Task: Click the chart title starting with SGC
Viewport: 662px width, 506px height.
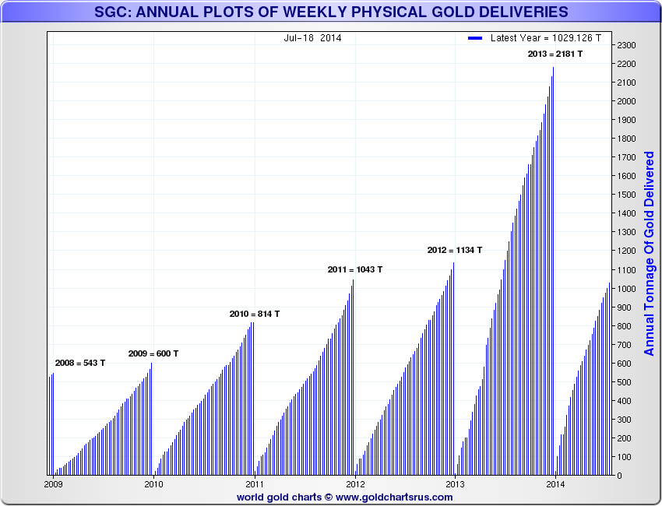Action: (331, 12)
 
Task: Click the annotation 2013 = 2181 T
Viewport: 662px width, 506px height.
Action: (555, 54)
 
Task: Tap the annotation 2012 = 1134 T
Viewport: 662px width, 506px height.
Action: (454, 250)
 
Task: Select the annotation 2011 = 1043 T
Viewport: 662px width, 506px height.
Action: (354, 269)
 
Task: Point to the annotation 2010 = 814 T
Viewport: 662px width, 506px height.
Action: (254, 314)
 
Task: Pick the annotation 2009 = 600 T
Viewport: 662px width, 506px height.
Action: (153, 353)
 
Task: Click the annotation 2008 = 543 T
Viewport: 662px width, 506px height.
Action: (79, 363)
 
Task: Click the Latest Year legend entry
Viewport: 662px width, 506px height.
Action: (545, 37)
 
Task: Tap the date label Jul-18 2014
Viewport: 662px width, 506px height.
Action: (312, 37)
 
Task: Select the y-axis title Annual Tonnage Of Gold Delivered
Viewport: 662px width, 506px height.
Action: (650, 254)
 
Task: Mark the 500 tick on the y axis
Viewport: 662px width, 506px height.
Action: (624, 382)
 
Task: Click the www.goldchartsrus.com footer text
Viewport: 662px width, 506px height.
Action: (393, 497)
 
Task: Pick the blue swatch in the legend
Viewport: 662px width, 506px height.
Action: (476, 37)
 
